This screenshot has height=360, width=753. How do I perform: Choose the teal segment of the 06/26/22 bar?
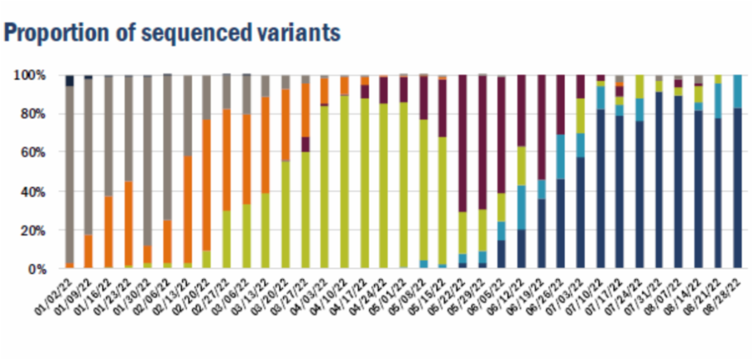click(x=560, y=157)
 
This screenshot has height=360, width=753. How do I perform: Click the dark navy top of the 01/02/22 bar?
click(x=70, y=80)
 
